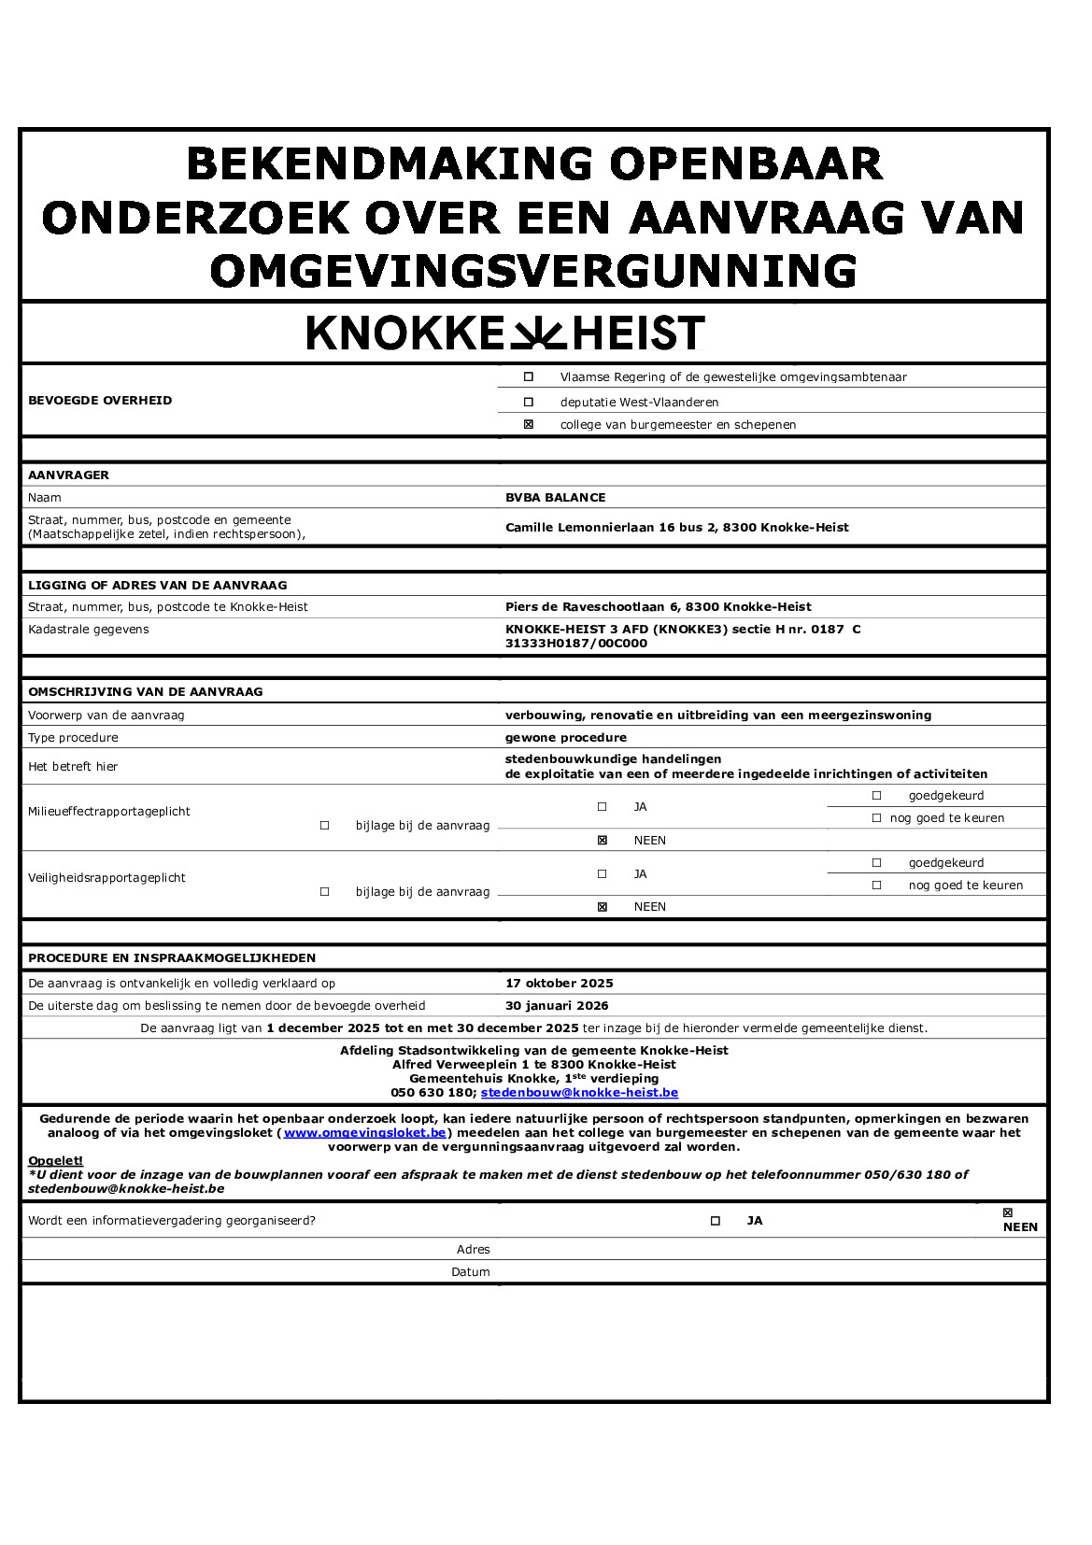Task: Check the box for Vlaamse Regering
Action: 529,377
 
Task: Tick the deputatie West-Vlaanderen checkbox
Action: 529,403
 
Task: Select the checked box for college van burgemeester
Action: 529,425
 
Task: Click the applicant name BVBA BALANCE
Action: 555,498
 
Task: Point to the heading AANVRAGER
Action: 68,475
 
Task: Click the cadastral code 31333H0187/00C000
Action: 575,644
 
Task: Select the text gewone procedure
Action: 565,738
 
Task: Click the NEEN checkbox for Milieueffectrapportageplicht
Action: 603,841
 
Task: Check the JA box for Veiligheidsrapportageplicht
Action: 603,874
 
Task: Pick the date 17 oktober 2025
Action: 559,984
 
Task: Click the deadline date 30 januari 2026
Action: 557,1006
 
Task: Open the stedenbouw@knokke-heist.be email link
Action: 579,1093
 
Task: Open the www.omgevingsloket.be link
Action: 364,1133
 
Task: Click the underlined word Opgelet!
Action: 55,1161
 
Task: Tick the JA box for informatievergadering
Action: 716,1221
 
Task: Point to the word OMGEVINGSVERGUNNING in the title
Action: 533,272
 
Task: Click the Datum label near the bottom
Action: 470,1272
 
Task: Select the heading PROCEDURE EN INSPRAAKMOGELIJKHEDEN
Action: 172,958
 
